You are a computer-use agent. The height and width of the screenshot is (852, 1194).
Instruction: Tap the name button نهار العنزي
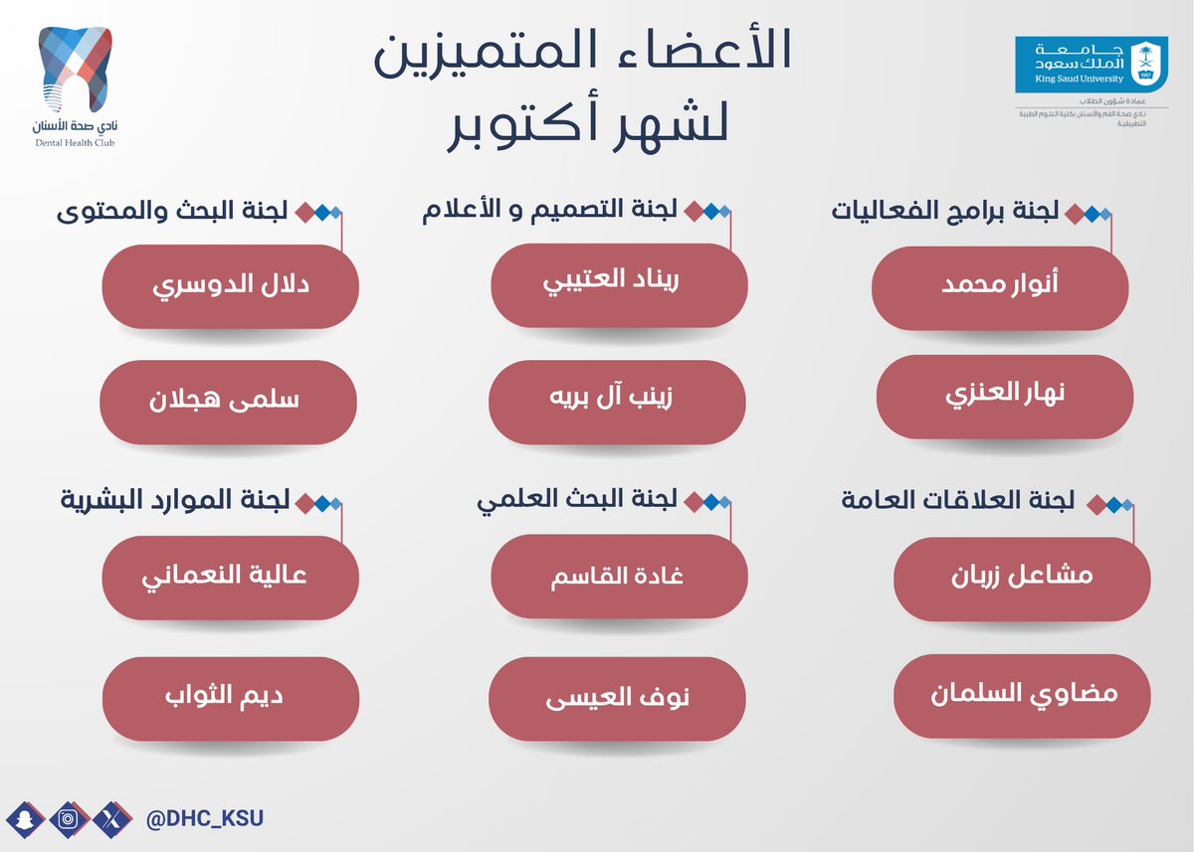[1005, 397]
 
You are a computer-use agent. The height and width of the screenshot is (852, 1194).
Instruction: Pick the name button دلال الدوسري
[230, 287]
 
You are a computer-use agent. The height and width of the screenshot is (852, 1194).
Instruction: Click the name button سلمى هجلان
[228, 402]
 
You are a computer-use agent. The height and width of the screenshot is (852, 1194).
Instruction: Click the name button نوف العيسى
[617, 699]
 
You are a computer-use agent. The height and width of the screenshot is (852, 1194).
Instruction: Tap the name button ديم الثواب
[230, 699]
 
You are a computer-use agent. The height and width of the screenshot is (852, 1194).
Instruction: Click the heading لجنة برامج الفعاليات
[945, 211]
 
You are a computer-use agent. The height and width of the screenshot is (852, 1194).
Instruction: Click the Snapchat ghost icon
[22, 820]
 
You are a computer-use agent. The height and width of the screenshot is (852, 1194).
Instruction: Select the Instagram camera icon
[67, 820]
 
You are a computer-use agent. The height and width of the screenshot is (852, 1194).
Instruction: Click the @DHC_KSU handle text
[205, 820]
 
